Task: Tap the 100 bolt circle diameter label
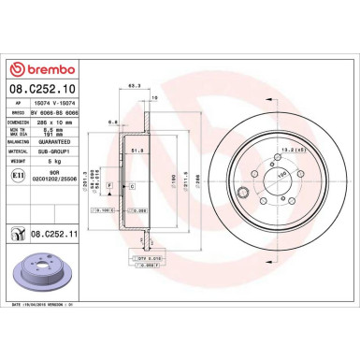click(281, 174)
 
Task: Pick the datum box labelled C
click(131, 187)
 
